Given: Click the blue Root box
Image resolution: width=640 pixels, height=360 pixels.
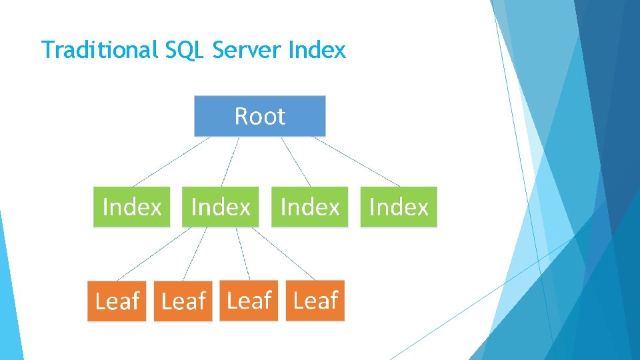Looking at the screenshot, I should [260, 116].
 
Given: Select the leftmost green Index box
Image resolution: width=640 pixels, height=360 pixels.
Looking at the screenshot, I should [131, 207].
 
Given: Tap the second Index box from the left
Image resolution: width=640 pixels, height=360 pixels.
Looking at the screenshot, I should [221, 207].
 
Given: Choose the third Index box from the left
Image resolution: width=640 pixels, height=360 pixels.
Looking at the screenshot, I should [309, 207].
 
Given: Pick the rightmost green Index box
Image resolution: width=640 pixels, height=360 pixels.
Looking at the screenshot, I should [399, 207].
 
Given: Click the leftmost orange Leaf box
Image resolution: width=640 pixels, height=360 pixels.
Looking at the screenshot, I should [117, 301].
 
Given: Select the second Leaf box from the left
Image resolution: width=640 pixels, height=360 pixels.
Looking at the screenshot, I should [183, 301].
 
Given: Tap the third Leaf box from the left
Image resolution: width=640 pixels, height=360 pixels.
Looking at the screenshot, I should [249, 301].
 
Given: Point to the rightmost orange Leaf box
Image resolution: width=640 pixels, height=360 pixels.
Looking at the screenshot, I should [315, 301].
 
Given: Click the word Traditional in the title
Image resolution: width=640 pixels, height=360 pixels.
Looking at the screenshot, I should [98, 50].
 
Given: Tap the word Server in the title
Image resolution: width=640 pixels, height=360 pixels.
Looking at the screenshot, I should [246, 50].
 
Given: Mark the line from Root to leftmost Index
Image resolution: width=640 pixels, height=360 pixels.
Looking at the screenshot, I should [171, 161].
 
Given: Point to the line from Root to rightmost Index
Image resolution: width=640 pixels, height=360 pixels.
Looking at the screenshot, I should [357, 161].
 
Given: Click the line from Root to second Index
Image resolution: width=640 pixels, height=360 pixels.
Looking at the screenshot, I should [230, 161].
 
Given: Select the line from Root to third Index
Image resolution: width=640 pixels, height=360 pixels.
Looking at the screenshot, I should [296, 161].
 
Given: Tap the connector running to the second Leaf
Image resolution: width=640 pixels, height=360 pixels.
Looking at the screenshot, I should [195, 253].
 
